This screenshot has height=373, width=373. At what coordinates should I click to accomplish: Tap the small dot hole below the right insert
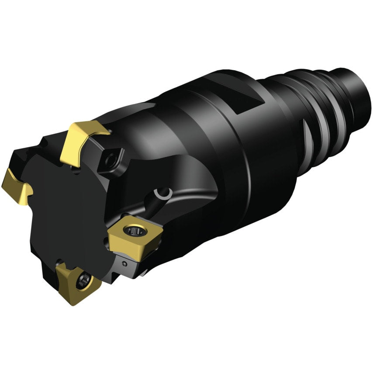point(125,264)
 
